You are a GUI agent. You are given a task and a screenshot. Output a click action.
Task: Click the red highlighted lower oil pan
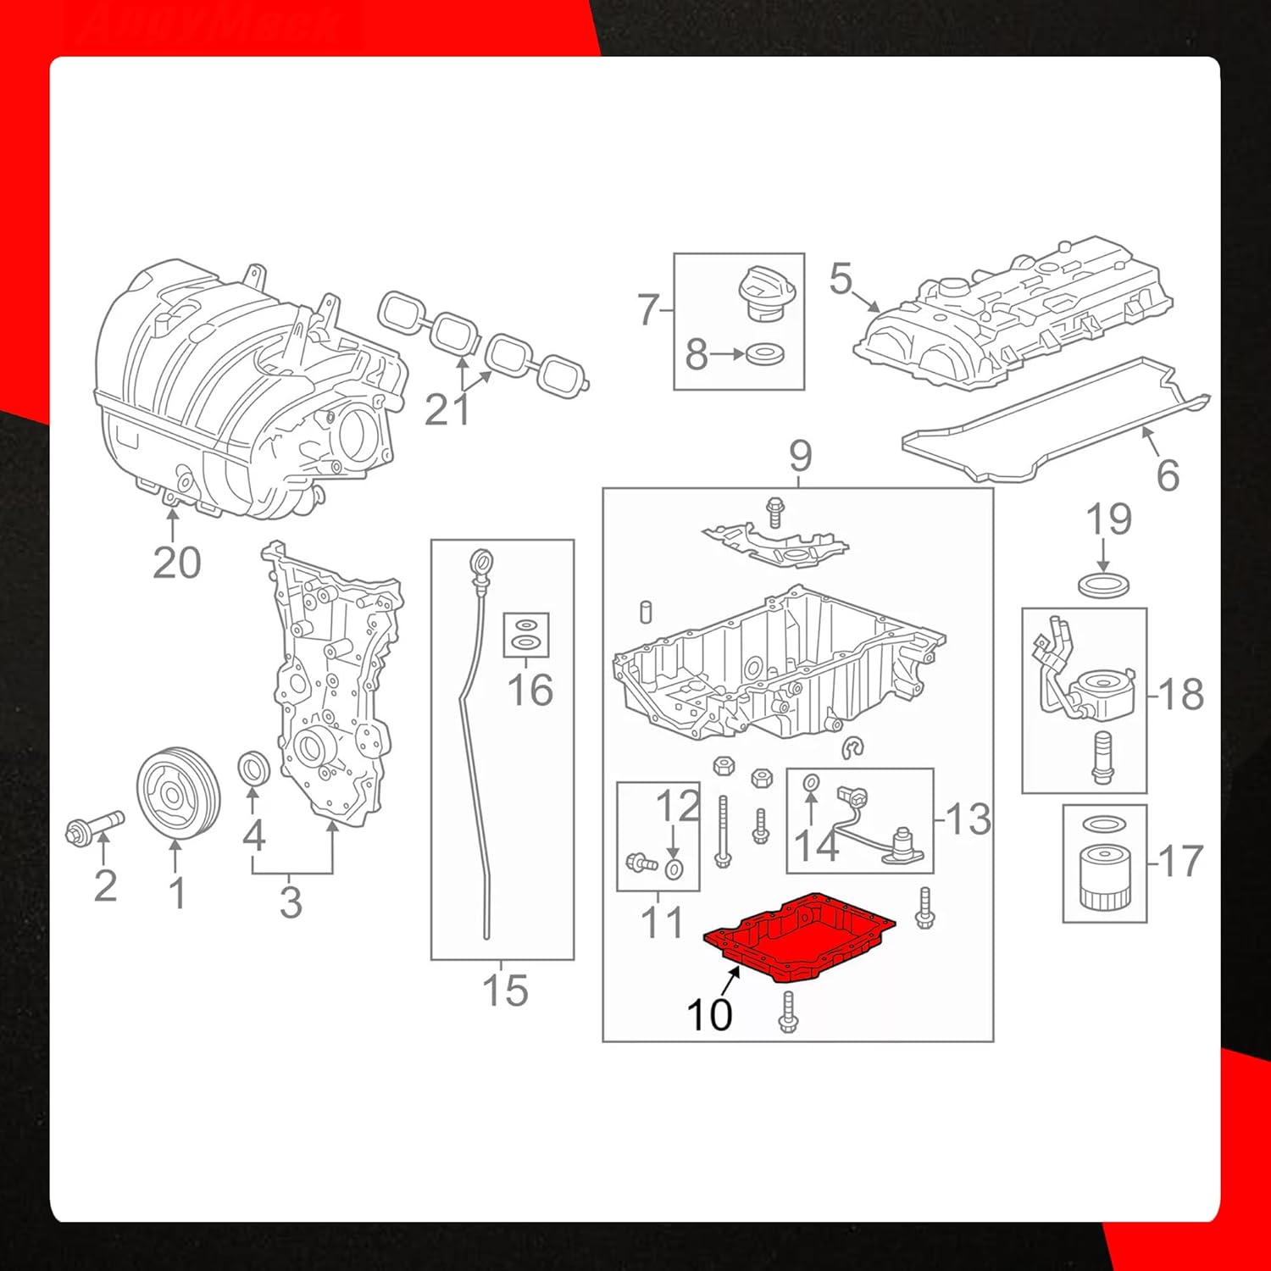[801, 936]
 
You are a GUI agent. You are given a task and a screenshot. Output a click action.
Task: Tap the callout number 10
[709, 1014]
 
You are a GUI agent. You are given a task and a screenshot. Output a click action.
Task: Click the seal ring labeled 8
[765, 353]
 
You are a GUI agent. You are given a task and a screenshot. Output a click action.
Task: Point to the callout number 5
[841, 279]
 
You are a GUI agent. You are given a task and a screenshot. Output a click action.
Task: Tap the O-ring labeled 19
[1104, 584]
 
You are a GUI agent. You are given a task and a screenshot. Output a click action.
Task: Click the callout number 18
[1180, 695]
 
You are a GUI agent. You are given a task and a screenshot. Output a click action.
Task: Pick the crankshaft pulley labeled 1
[178, 792]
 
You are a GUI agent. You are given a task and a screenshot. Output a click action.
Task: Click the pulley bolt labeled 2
[95, 825]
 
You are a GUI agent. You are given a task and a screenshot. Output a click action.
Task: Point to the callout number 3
[291, 902]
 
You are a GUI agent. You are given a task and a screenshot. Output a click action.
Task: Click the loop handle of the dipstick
[481, 563]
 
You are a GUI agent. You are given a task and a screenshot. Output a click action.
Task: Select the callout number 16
[530, 690]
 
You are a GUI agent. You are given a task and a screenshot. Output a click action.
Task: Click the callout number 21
[447, 410]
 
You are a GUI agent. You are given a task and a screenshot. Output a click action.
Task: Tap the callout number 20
[176, 563]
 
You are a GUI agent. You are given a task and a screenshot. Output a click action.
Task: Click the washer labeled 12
[674, 869]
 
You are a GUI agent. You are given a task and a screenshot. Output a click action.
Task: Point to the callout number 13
[968, 819]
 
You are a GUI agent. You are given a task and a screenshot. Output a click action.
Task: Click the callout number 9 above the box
[800, 457]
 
